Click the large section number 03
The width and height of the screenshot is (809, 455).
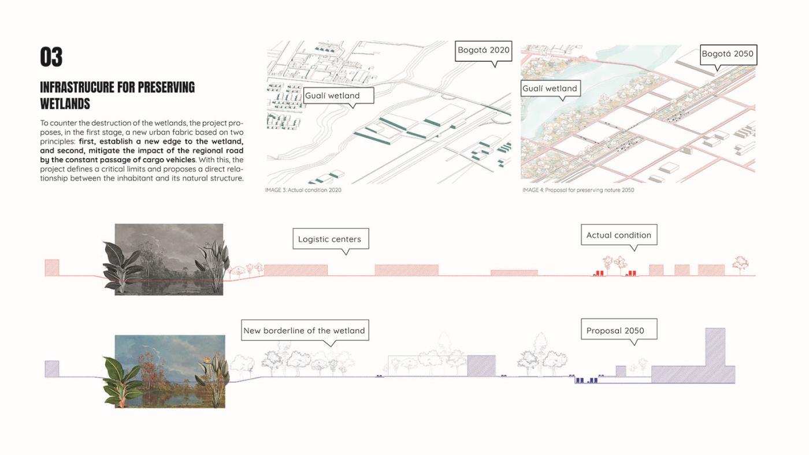(51, 57)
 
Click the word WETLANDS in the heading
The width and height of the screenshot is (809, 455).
(65, 104)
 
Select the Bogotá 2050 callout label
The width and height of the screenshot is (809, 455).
(728, 55)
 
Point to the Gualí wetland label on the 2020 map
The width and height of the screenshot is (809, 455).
(339, 96)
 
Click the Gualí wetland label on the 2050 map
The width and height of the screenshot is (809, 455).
(550, 88)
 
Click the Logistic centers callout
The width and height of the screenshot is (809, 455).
(331, 239)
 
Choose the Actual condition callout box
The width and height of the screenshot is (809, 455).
(619, 235)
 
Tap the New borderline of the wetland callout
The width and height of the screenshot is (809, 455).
(305, 330)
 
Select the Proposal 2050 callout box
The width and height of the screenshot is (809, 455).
(619, 330)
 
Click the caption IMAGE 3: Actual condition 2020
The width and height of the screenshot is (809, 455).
(303, 190)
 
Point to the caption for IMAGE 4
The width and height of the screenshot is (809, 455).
(578, 190)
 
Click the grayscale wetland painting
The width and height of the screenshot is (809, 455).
(169, 259)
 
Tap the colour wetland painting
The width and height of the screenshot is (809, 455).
(170, 371)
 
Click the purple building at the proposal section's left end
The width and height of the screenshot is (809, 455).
(52, 369)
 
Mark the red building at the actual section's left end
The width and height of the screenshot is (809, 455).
(52, 268)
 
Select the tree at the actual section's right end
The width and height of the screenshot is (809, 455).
(740, 265)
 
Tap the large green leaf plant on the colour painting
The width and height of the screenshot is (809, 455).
(122, 381)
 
